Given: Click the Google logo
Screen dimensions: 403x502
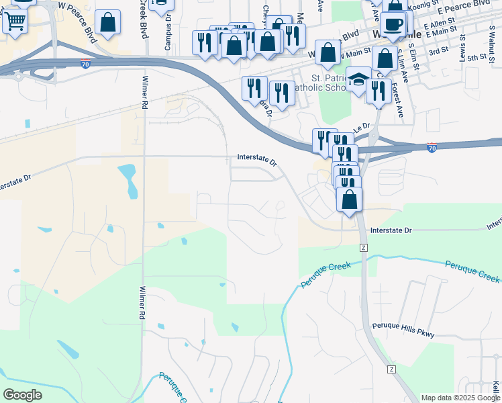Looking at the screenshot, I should [22, 395].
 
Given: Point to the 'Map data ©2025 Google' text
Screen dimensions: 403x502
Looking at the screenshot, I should [460, 398].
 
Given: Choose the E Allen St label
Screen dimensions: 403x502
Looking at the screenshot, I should [440, 25].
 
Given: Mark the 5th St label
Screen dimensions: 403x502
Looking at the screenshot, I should [476, 58].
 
